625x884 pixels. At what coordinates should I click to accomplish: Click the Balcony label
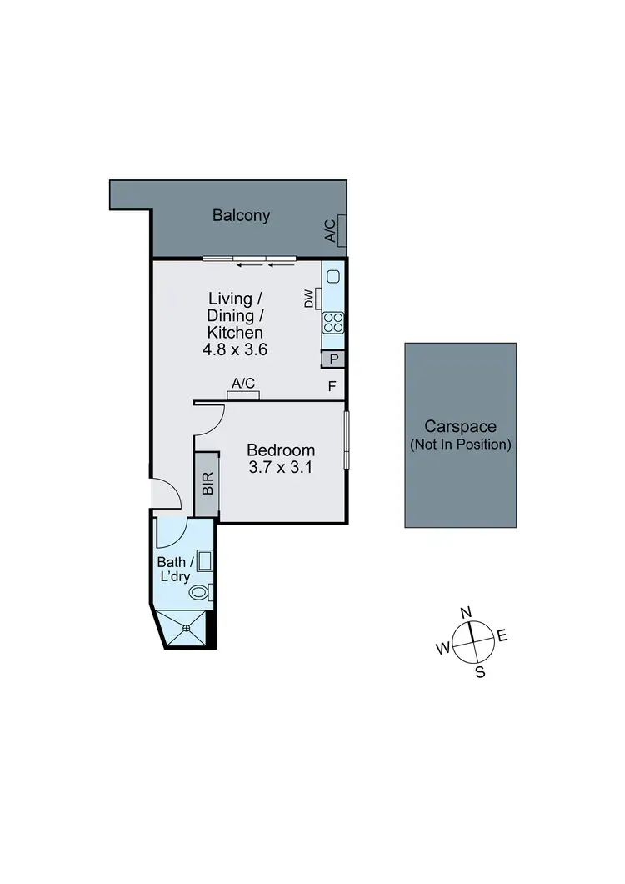[x=241, y=215]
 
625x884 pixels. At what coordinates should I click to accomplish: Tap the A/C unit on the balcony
[x=332, y=230]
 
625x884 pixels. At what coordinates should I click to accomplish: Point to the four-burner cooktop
[x=333, y=322]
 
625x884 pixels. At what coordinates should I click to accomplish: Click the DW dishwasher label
[x=309, y=298]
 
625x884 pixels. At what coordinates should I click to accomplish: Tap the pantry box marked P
[x=334, y=359]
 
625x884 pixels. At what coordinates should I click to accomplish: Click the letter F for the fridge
[x=332, y=386]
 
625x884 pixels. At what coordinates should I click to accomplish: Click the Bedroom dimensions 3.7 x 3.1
[x=281, y=468]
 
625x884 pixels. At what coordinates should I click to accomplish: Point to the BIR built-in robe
[x=207, y=485]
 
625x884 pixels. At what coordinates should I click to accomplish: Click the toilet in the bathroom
[x=200, y=593]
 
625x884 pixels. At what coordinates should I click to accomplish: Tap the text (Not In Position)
[x=460, y=444]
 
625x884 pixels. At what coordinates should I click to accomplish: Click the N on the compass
[x=467, y=613]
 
